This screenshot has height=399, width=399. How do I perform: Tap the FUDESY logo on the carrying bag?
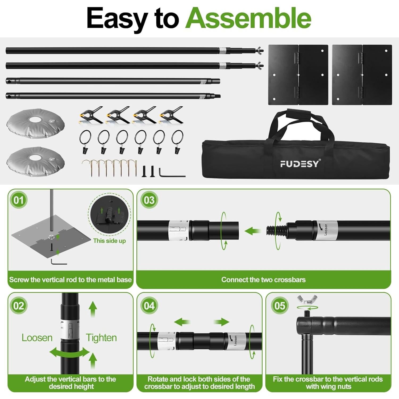299,164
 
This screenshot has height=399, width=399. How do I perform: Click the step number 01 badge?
19,200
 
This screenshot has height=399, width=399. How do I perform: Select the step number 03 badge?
149,200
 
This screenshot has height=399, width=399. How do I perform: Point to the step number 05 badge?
280,306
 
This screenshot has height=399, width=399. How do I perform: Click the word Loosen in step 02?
37,338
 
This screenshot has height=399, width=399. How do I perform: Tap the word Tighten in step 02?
101,338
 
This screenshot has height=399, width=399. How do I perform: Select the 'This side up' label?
109,241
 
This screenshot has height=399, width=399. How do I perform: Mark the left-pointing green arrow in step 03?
252,231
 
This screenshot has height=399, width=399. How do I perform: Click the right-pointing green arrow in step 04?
221,322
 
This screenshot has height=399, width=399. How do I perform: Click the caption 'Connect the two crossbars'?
263,280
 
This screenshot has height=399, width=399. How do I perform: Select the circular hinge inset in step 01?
109,215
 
